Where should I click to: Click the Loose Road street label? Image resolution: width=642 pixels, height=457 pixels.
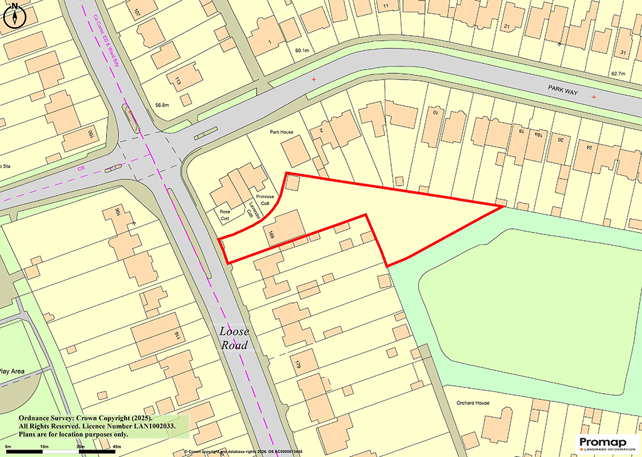tap(234, 339)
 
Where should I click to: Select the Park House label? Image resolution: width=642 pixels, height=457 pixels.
tap(282, 132)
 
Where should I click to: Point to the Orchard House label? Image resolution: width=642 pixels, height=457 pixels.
tap(465, 402)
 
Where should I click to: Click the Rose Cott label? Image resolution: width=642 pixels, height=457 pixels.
tap(224, 214)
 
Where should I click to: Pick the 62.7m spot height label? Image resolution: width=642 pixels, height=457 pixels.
tap(618, 74)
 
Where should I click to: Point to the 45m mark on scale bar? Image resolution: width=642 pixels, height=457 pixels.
tap(117, 446)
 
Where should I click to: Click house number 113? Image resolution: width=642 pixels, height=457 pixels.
tap(177, 81)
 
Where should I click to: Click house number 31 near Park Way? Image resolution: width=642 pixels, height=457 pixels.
tap(623, 51)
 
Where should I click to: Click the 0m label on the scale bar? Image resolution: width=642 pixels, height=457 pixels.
tap(8, 446)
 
